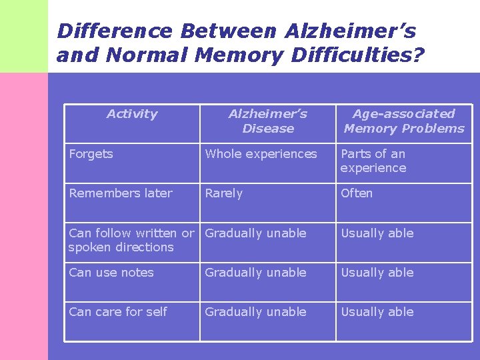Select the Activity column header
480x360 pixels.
click(x=132, y=114)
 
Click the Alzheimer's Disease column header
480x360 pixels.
click(x=268, y=121)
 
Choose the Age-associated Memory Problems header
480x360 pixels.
click(x=404, y=121)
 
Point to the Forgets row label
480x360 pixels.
click(x=91, y=154)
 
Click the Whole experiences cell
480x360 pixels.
click(x=261, y=154)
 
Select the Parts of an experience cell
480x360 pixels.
click(x=373, y=161)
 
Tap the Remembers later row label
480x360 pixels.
click(x=121, y=193)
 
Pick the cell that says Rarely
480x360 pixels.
click(x=224, y=193)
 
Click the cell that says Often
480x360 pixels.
click(x=357, y=193)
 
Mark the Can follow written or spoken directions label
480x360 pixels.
click(x=131, y=240)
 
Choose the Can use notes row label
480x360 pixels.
click(x=111, y=273)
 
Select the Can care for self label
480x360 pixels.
click(x=118, y=312)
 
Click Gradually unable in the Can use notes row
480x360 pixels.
click(x=255, y=273)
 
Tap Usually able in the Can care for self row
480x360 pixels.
click(x=377, y=312)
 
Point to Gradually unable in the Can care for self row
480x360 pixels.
click(x=255, y=312)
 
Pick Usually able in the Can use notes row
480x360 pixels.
click(x=377, y=273)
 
